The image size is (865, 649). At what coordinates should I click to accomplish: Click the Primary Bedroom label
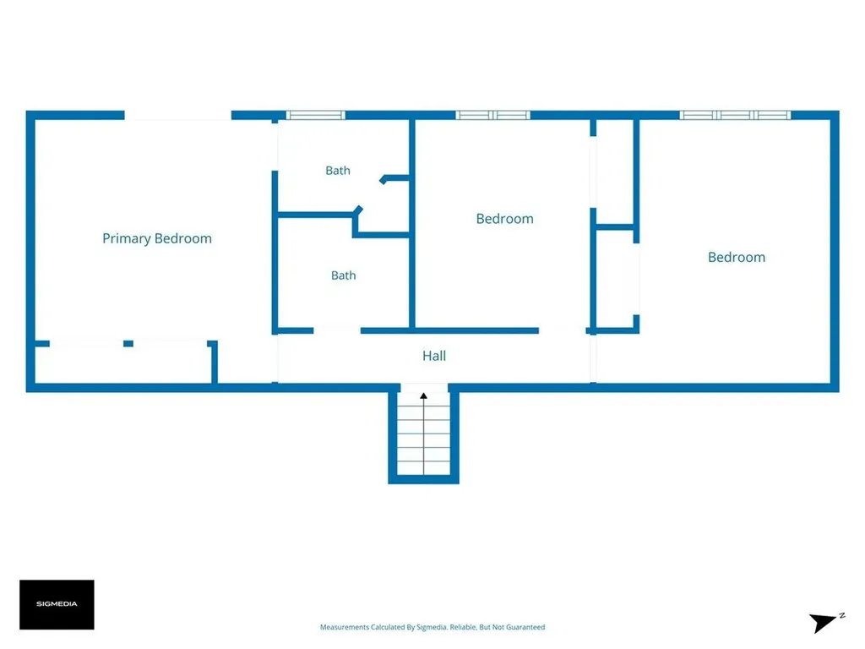[x=157, y=238]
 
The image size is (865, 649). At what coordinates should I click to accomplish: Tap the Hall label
[x=434, y=356]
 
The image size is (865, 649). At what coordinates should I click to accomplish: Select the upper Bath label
[x=338, y=171]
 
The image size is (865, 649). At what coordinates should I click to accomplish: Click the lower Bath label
[x=343, y=275]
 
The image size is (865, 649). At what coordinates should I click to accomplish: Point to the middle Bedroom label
[x=505, y=219]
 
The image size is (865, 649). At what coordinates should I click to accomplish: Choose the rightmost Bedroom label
[x=737, y=257]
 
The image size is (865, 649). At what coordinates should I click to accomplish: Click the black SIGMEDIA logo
[x=57, y=604]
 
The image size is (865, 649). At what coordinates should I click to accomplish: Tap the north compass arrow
[x=822, y=622]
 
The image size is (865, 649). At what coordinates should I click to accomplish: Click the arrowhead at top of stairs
[x=424, y=395]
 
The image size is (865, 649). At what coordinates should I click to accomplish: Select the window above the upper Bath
[x=316, y=115]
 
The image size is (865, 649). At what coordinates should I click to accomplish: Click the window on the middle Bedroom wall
[x=492, y=115]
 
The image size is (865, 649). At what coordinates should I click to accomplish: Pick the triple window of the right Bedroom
[x=735, y=115]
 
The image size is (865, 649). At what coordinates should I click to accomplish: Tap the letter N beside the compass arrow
[x=842, y=615]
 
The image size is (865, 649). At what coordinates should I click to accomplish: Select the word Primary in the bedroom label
[x=127, y=238]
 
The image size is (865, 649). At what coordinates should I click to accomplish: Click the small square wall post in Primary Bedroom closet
[x=128, y=344]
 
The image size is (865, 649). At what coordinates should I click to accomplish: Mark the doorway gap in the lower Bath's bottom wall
[x=337, y=330]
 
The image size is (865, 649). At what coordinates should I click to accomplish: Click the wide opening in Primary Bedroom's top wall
[x=177, y=115]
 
